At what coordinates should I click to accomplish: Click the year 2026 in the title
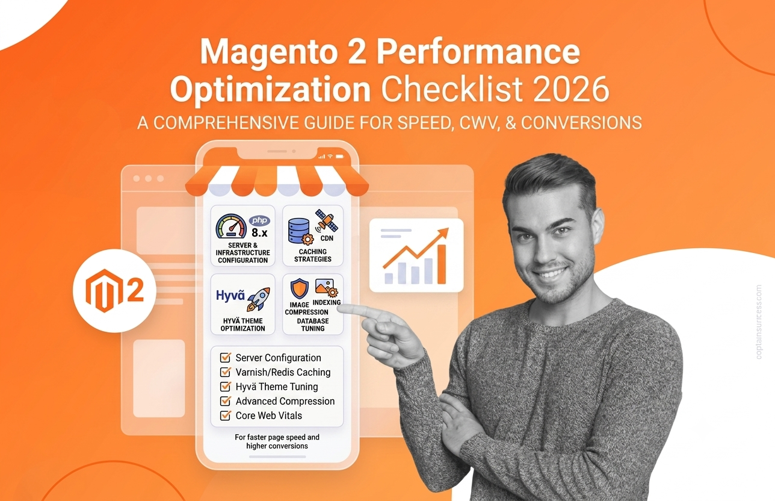(571, 89)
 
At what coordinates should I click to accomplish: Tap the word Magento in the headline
(268, 52)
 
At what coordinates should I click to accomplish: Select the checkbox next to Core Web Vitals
(225, 415)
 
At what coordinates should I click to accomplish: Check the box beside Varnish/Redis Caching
(225, 372)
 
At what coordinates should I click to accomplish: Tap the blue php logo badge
(259, 220)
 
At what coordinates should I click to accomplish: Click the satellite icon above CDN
(327, 220)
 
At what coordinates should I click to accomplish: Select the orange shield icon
(299, 288)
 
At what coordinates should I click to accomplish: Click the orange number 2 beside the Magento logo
(135, 291)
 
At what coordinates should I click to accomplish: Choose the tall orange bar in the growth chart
(442, 264)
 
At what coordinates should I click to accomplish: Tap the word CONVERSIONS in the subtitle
(581, 123)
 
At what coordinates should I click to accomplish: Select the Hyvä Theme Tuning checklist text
(276, 387)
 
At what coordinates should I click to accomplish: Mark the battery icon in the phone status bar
(340, 157)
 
